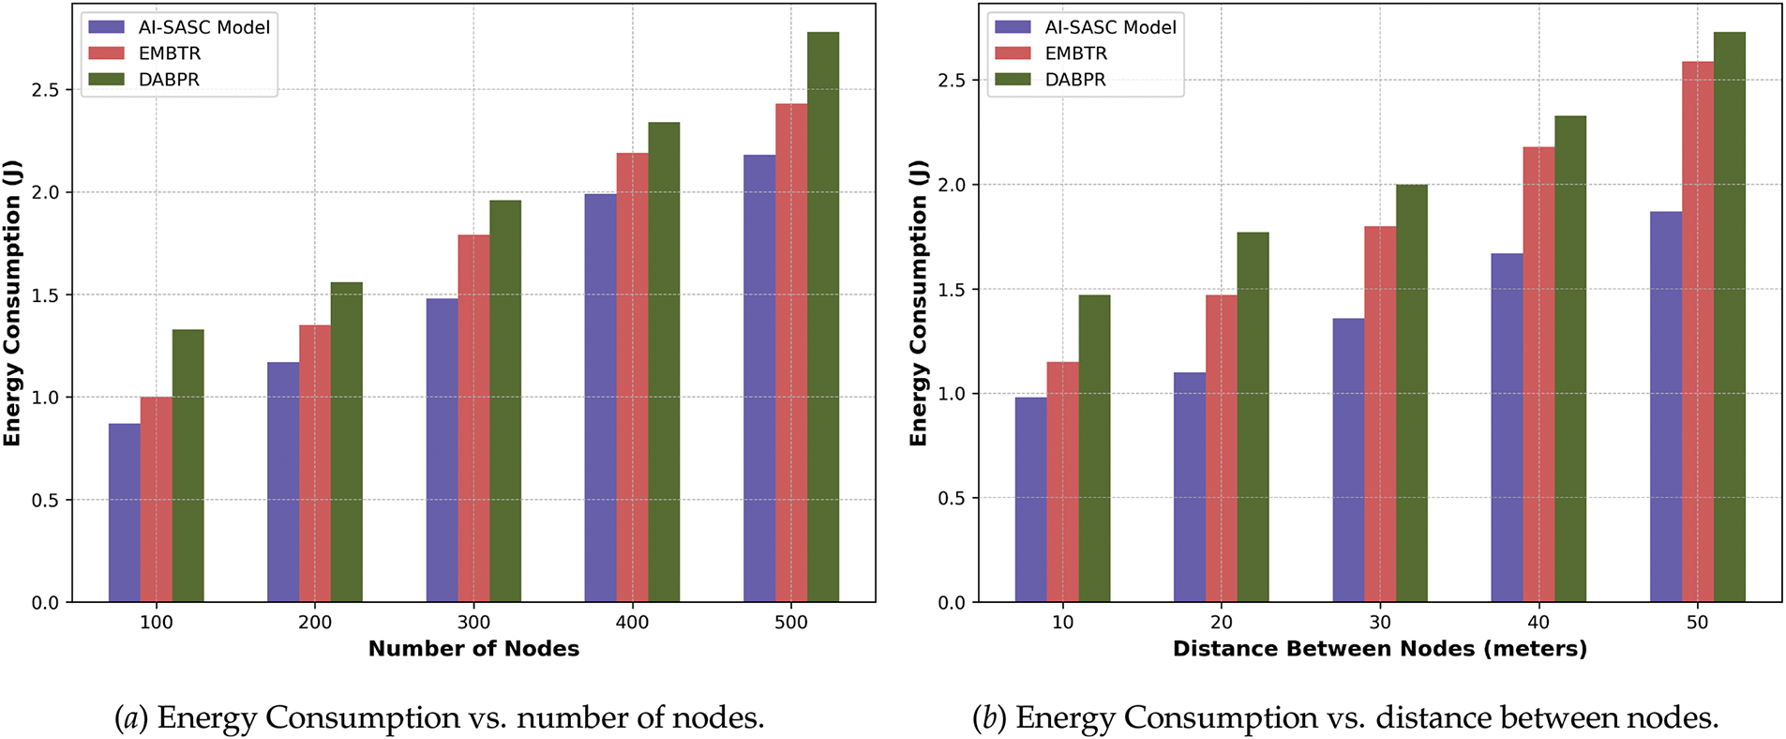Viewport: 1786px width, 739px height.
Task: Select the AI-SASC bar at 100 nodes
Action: (x=124, y=513)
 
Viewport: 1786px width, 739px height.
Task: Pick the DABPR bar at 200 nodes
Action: (x=346, y=442)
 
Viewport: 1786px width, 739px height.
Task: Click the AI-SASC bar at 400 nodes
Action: (x=600, y=398)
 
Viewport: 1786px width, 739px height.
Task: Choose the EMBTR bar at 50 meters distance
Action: (x=1697, y=332)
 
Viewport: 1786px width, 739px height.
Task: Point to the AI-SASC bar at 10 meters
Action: (x=1030, y=500)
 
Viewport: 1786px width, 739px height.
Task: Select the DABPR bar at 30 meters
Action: (x=1411, y=393)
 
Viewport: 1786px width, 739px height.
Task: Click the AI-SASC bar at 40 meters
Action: (x=1507, y=428)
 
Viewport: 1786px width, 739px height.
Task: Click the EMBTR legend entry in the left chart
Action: (x=169, y=53)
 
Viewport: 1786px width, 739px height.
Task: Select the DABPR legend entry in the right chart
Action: (x=1075, y=80)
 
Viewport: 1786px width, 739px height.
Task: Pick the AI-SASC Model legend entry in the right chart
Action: (x=1110, y=27)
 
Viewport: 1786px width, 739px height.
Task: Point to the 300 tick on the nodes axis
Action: (x=473, y=623)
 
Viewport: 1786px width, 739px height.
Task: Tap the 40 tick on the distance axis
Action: (x=1538, y=623)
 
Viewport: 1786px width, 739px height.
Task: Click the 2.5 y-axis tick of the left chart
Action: (x=45, y=90)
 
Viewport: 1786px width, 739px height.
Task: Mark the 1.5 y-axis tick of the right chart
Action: (x=952, y=290)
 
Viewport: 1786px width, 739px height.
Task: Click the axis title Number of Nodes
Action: (x=473, y=649)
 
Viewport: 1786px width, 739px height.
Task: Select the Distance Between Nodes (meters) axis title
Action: (x=1379, y=649)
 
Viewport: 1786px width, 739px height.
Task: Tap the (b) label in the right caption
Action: (x=988, y=718)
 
